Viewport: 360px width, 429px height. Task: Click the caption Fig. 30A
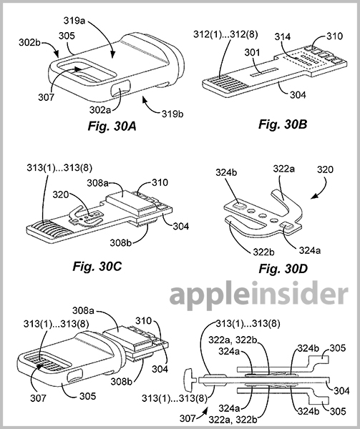(112, 127)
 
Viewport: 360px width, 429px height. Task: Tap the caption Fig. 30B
(283, 124)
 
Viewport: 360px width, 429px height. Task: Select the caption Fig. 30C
(97, 266)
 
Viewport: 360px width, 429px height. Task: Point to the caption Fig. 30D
(283, 269)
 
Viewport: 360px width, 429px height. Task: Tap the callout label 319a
(74, 21)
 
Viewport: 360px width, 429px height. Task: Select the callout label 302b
(30, 43)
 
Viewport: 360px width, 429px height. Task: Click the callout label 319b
(172, 114)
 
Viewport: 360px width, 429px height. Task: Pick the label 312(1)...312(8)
(225, 34)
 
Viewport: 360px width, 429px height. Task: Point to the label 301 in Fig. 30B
(252, 52)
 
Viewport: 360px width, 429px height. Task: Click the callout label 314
(283, 36)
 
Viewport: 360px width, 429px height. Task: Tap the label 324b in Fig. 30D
(226, 172)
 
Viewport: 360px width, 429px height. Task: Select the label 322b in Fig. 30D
(263, 252)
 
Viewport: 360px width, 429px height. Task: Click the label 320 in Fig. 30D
(325, 169)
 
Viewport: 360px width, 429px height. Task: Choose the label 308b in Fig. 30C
(121, 242)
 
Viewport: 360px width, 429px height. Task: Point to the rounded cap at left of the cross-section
(189, 380)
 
